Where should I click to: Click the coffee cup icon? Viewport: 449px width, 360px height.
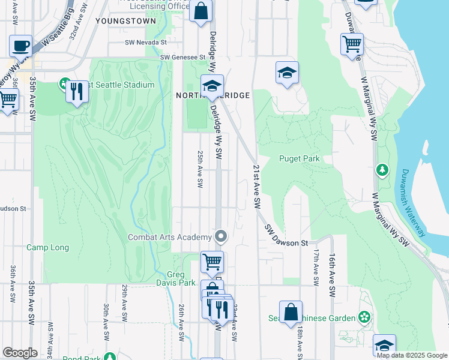coord(20,46)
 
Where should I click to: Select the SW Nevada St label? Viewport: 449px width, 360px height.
coord(145,43)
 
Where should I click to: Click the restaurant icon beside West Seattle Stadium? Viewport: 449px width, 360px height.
coord(77,92)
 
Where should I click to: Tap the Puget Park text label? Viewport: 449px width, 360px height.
coord(300,159)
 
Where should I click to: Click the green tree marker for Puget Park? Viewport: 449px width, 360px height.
coord(382,170)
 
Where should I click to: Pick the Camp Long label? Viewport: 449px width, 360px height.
coord(47,247)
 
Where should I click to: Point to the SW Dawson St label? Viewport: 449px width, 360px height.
coord(286,236)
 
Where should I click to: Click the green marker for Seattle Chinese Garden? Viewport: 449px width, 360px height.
coord(363,316)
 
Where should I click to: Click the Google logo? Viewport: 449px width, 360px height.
coord(20,352)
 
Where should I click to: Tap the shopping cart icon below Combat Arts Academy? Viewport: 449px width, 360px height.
coord(211,262)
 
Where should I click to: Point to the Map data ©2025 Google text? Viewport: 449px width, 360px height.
coord(412,355)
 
